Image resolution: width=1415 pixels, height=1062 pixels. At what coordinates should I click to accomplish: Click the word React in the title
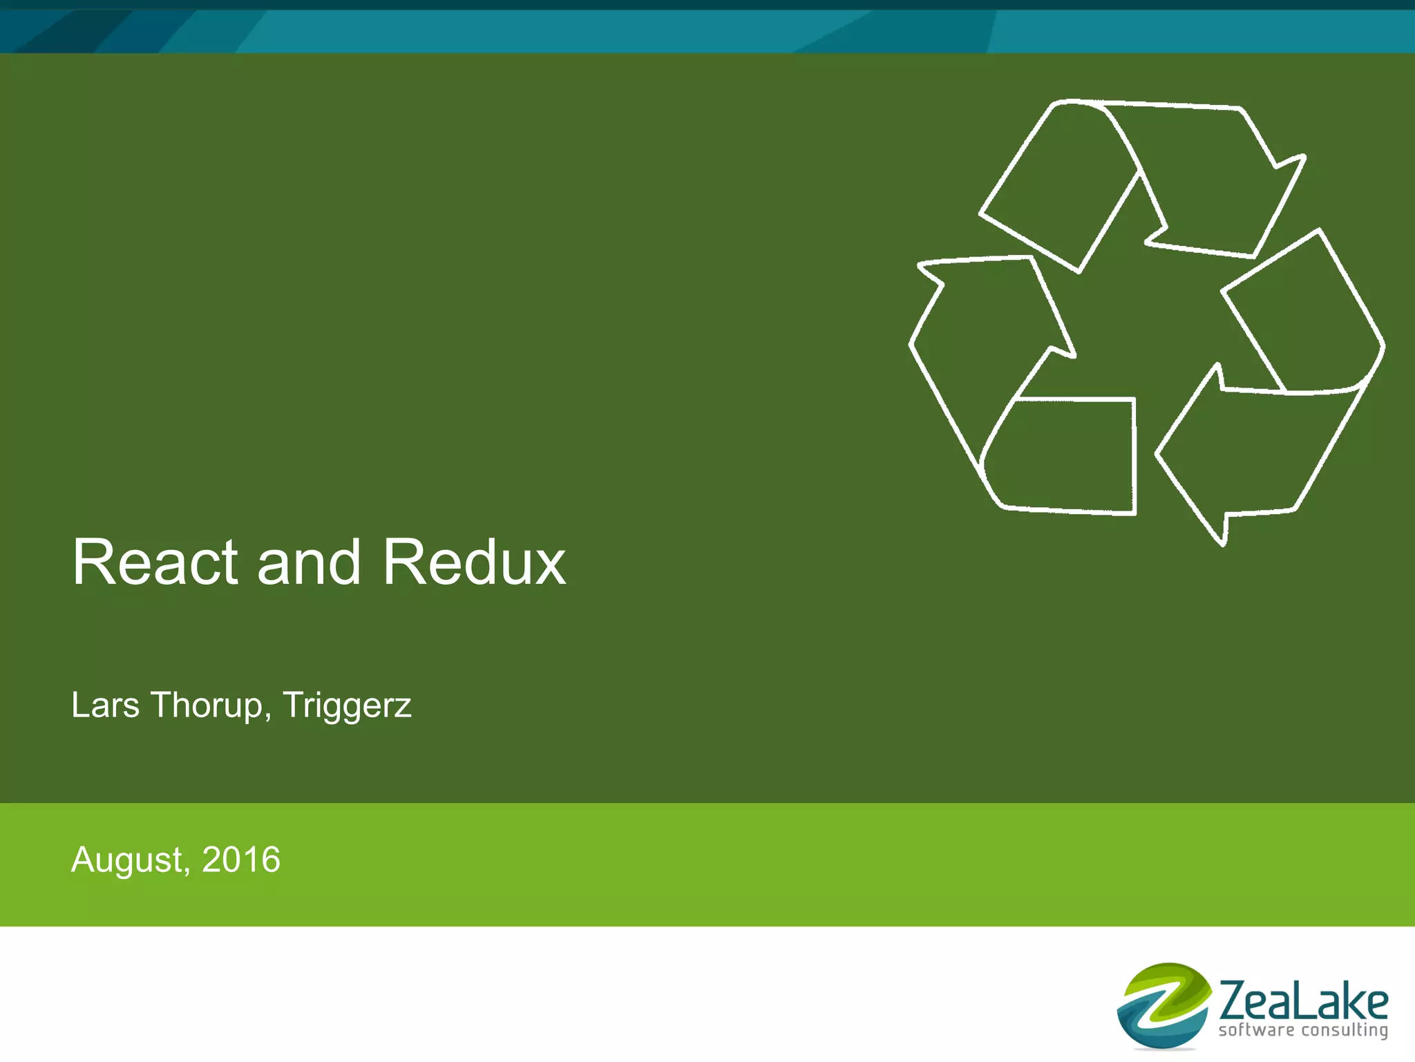[x=155, y=562]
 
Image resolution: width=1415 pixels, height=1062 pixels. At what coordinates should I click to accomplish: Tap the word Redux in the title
[x=474, y=562]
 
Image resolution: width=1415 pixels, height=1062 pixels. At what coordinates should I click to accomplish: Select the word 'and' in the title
[x=309, y=562]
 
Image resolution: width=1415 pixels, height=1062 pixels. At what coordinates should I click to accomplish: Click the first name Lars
[x=105, y=705]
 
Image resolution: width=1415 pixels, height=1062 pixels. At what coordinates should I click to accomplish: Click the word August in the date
[x=126, y=861]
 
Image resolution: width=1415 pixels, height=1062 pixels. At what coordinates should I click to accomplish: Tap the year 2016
[x=241, y=860]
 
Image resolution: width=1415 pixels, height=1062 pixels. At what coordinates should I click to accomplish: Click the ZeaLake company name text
[x=1303, y=1001]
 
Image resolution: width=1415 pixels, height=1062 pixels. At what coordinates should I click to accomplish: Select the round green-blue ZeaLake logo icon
[x=1164, y=1005]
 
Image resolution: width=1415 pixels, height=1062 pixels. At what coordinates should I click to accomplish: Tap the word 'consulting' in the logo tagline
[x=1345, y=1031]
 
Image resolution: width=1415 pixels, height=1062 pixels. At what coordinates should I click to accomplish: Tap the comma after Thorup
[x=267, y=716]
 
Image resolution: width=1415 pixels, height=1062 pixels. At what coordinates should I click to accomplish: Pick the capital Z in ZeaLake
[x=1235, y=1001]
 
